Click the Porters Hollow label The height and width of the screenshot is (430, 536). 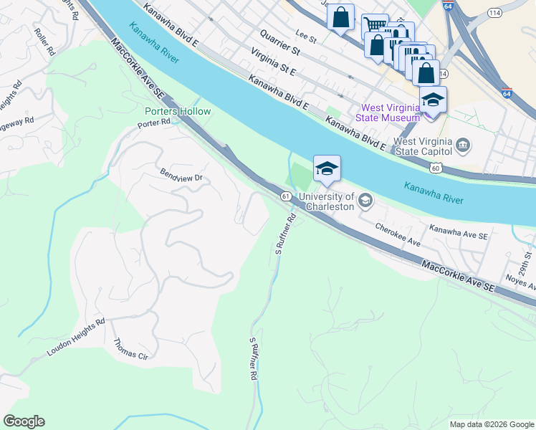point(178,111)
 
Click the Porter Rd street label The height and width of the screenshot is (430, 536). point(154,123)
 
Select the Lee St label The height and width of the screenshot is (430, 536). point(306,33)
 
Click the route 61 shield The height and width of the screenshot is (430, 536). point(285,196)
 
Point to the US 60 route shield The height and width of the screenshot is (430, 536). point(436,168)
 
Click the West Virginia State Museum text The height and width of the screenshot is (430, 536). point(389,113)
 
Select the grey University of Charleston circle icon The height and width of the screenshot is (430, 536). point(365,200)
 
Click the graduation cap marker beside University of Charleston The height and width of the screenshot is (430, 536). point(327,169)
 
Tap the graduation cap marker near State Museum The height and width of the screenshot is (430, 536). point(433,100)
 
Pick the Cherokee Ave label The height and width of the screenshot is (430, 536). point(398,234)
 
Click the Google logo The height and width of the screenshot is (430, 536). point(24,421)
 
